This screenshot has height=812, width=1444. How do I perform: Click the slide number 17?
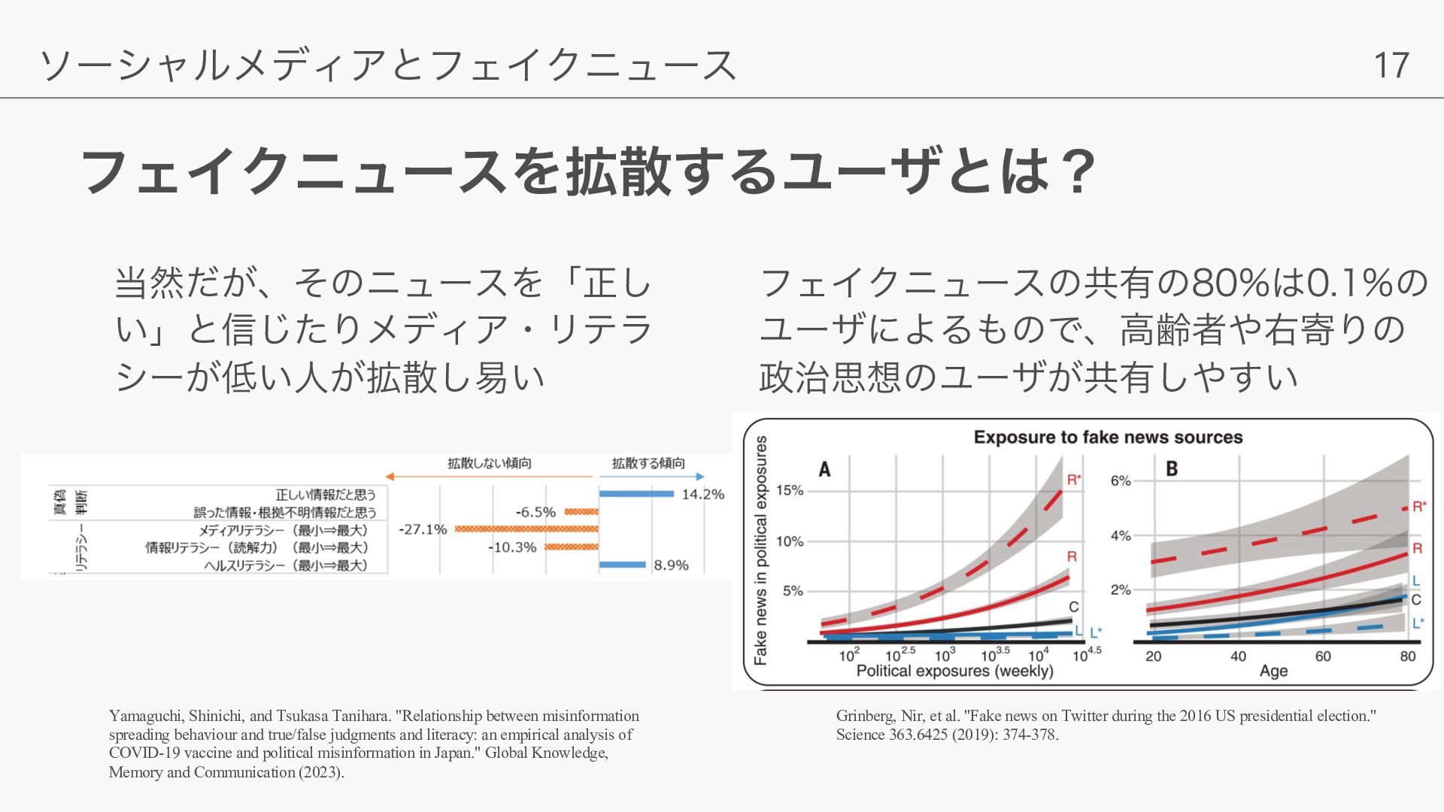tap(1391, 65)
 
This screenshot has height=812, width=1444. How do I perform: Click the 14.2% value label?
tap(702, 494)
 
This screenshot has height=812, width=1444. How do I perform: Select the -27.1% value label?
tap(423, 529)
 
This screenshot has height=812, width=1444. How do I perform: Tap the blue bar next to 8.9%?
tap(623, 565)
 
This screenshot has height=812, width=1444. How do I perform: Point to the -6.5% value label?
tap(535, 512)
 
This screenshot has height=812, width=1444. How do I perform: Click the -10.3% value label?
tap(512, 547)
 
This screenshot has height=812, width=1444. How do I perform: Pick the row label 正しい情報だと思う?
tap(326, 494)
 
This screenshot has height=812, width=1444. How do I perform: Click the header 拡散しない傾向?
tap(490, 463)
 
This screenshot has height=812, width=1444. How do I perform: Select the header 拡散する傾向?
tap(648, 463)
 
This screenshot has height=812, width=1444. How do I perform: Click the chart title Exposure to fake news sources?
tap(1108, 438)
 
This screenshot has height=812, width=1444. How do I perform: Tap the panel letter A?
tap(825, 470)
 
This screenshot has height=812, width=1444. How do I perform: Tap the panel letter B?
tap(1172, 469)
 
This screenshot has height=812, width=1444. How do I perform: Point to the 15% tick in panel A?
tap(790, 490)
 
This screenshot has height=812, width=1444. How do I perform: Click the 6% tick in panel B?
tap(1121, 480)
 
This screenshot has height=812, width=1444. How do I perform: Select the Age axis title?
tap(1273, 671)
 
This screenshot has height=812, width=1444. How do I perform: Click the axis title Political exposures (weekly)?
tap(954, 671)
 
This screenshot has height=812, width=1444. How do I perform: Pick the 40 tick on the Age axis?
tap(1238, 656)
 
